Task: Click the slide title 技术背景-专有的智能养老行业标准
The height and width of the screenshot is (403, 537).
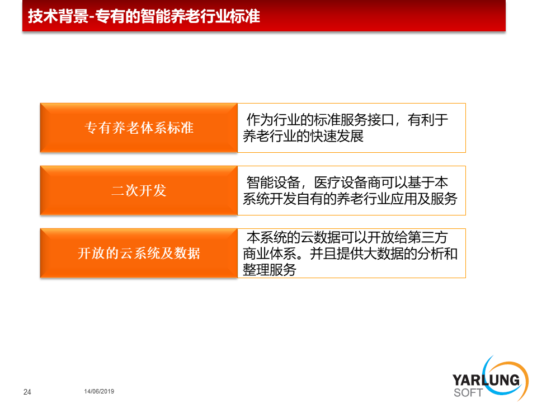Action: pos(144,16)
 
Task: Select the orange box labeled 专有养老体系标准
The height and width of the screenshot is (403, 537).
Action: pos(139,128)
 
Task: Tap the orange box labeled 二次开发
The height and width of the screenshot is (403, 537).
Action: pos(139,190)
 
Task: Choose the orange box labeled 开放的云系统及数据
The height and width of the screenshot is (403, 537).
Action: pos(139,253)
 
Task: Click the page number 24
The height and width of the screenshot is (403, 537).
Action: pos(27,392)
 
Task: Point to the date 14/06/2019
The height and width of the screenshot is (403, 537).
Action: pos(99,391)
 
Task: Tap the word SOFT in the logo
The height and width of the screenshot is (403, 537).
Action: pos(468,393)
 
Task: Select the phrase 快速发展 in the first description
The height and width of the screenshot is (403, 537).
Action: pos(337,137)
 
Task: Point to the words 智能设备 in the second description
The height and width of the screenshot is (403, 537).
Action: pos(274,182)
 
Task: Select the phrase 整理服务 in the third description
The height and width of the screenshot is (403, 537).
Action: pos(270,270)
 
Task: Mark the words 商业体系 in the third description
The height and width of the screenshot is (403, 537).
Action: pos(270,254)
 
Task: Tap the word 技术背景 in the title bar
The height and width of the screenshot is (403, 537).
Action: pos(58,16)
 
